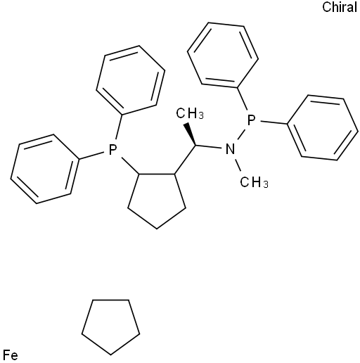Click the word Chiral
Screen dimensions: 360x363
pyautogui.click(x=340, y=7)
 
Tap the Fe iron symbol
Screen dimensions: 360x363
pyautogui.click(x=11, y=355)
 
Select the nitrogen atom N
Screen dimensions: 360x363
pyautogui.click(x=230, y=149)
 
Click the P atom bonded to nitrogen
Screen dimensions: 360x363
pyautogui.click(x=251, y=120)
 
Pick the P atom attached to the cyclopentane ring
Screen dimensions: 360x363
pyautogui.click(x=112, y=150)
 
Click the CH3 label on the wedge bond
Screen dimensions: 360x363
pyautogui.click(x=190, y=114)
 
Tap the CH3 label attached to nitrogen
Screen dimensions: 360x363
pyautogui.click(x=254, y=182)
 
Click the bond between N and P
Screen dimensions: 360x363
pyautogui.click(x=241, y=135)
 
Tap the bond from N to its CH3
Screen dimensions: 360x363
pyautogui.click(x=238, y=165)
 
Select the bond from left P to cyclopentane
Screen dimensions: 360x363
pyautogui.click(x=130, y=166)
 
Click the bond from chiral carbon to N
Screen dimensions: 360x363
pyautogui.click(x=208, y=147)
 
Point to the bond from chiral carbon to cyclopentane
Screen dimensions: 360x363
pyautogui.click(x=185, y=160)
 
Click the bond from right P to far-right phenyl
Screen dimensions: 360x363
pyautogui.click(x=275, y=122)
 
